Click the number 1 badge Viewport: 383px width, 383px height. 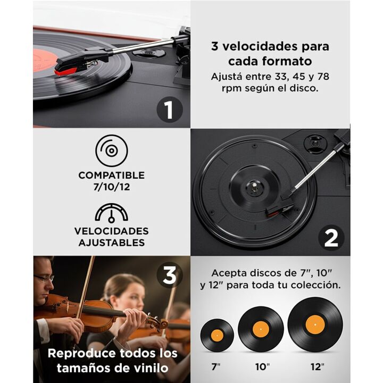click(170, 110)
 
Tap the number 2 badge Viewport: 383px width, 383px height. click(331, 238)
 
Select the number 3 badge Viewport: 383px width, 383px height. click(170, 276)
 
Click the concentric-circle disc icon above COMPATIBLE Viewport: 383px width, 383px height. click(112, 151)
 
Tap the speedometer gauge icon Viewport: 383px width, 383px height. click(111, 212)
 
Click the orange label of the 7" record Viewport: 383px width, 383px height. click(217, 335)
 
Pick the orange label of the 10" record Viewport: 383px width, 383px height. click(261, 329)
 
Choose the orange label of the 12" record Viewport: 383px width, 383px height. click(315, 324)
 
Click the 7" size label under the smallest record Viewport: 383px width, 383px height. click(216, 367)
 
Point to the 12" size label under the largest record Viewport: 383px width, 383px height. click(317, 367)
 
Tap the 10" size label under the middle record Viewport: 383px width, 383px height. click(263, 367)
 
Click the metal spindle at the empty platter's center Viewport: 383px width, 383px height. click(254, 187)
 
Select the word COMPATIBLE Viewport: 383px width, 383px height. click(112, 176)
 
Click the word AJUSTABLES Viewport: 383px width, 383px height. click(112, 243)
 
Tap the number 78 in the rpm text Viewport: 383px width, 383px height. click(323, 77)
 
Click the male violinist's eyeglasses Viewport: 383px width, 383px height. click(44, 278)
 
